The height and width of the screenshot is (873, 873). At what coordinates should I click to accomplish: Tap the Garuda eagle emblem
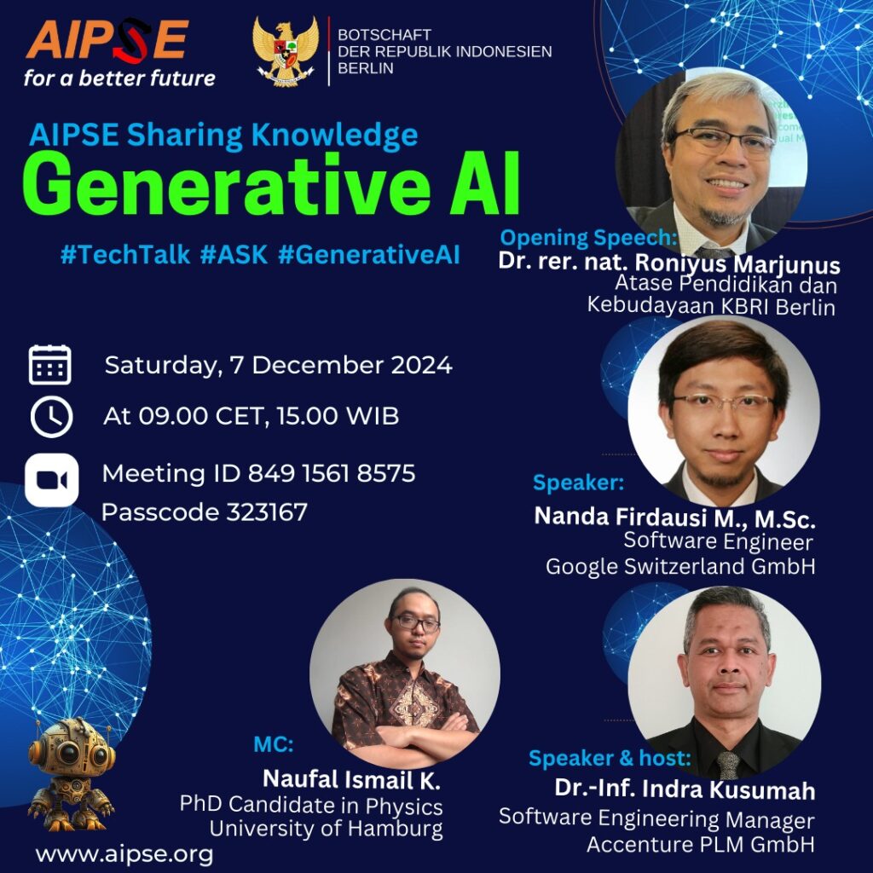pyautogui.click(x=286, y=50)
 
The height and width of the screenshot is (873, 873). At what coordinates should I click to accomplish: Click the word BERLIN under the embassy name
pyautogui.click(x=366, y=68)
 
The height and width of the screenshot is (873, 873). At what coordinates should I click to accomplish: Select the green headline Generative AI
pyautogui.click(x=271, y=183)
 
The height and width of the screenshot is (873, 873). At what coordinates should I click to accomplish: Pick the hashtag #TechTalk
pyautogui.click(x=125, y=254)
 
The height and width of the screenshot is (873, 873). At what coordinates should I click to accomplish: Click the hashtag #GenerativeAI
pyautogui.click(x=368, y=255)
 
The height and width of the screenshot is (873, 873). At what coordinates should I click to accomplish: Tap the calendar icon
pyautogui.click(x=50, y=365)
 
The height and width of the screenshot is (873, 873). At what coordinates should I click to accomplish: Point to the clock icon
pyautogui.click(x=52, y=417)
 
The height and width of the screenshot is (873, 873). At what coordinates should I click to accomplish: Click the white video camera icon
pyautogui.click(x=52, y=480)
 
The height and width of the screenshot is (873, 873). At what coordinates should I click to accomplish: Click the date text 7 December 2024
pyautogui.click(x=341, y=365)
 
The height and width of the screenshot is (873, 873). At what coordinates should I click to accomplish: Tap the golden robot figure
pyautogui.click(x=71, y=774)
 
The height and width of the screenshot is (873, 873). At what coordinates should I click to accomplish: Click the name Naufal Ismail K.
pyautogui.click(x=351, y=779)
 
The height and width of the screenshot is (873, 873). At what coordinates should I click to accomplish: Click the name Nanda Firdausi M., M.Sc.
pyautogui.click(x=675, y=517)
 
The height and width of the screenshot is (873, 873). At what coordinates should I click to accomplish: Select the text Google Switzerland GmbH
pyautogui.click(x=680, y=566)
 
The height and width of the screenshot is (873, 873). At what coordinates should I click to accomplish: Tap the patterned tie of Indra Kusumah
pyautogui.click(x=728, y=765)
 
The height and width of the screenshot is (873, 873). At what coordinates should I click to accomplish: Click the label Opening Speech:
pyautogui.click(x=588, y=238)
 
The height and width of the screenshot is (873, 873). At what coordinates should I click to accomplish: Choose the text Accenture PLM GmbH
pyautogui.click(x=701, y=844)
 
